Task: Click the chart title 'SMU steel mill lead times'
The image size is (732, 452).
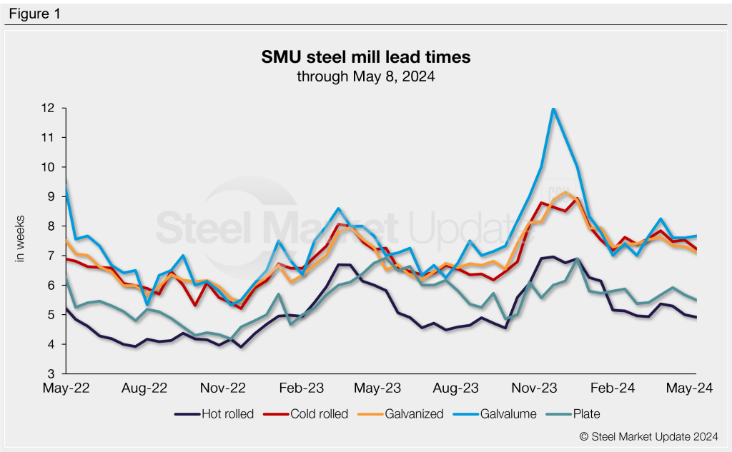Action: pyautogui.click(x=365, y=56)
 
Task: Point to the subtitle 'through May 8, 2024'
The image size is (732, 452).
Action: pyautogui.click(x=365, y=75)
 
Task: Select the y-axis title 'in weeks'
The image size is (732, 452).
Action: pyautogui.click(x=21, y=238)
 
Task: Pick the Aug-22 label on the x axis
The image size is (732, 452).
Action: pyautogui.click(x=144, y=388)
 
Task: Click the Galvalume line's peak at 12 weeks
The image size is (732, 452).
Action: pyautogui.click(x=553, y=109)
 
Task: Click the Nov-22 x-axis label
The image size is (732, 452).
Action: pyautogui.click(x=223, y=388)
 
